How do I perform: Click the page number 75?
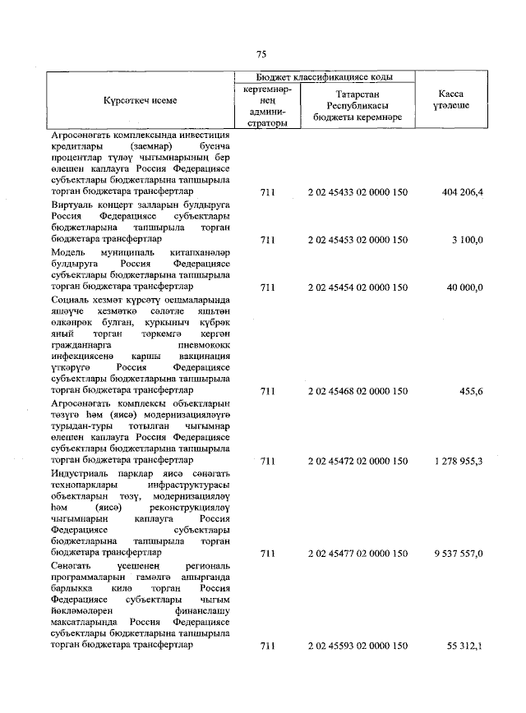click(x=261, y=54)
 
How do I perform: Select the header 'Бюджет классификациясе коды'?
click(x=324, y=76)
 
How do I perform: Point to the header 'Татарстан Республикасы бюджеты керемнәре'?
click(x=358, y=106)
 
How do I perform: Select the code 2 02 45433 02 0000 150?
click(x=358, y=192)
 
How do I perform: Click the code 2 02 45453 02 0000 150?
click(x=358, y=240)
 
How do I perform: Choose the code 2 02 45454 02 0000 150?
click(x=358, y=287)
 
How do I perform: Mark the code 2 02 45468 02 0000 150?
click(x=358, y=392)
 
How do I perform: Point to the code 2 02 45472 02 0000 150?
click(x=358, y=462)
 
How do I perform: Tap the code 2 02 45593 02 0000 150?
click(x=358, y=646)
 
